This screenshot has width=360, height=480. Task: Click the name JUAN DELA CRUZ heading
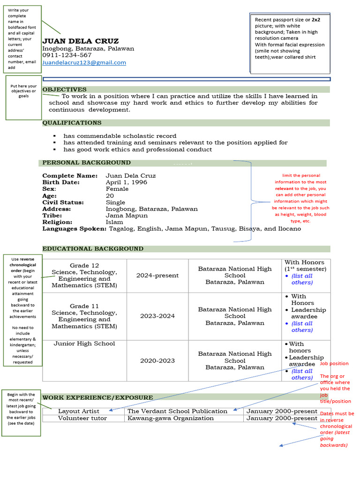(x=80, y=41)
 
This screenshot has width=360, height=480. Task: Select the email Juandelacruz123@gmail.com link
(x=84, y=62)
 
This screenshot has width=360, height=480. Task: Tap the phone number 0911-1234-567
(x=67, y=55)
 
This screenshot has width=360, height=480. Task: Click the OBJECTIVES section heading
(x=65, y=90)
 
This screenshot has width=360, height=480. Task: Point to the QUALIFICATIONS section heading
(x=72, y=123)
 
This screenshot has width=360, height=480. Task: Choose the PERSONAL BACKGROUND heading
(x=86, y=163)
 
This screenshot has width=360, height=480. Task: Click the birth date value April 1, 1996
(x=126, y=182)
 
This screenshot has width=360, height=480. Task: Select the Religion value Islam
(x=114, y=222)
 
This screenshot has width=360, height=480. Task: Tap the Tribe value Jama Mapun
(x=127, y=216)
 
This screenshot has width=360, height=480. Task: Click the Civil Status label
(x=63, y=202)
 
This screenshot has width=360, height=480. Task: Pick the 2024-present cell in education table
(x=157, y=276)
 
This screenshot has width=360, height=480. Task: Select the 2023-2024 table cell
(x=157, y=316)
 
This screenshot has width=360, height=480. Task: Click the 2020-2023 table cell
(x=157, y=360)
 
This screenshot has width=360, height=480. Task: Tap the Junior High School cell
(x=84, y=344)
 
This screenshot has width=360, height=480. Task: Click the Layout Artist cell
(x=78, y=411)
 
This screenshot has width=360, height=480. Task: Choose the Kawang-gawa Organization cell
(x=171, y=418)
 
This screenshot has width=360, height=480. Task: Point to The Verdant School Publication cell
(x=177, y=411)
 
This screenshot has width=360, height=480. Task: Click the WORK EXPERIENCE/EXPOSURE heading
(x=97, y=397)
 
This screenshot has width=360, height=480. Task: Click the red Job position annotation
(x=334, y=364)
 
